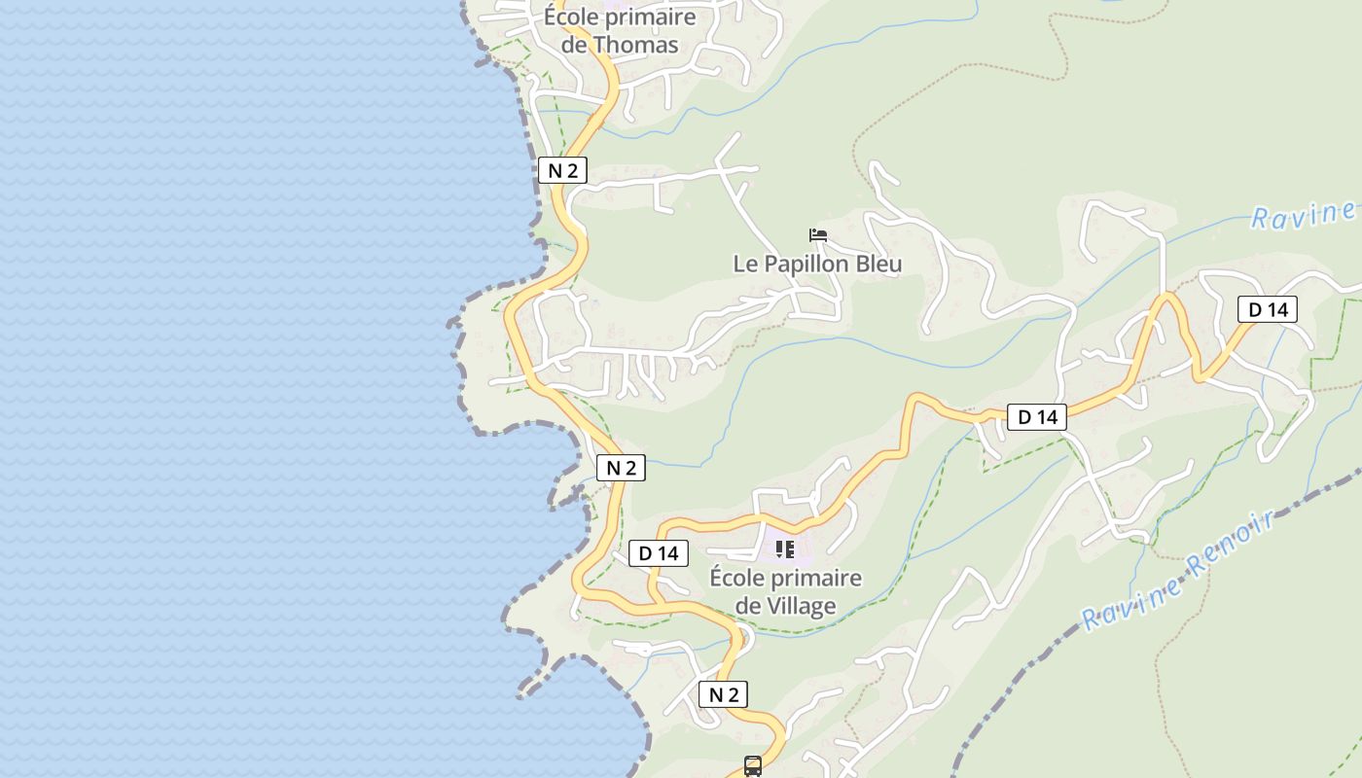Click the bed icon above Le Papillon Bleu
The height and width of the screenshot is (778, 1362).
(817, 235)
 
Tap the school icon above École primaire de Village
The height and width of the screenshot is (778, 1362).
(785, 549)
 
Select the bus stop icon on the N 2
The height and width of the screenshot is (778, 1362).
(753, 766)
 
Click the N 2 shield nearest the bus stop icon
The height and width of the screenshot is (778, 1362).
(723, 694)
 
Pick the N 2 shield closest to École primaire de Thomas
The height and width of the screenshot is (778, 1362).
(562, 171)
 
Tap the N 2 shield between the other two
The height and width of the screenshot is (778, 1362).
(621, 468)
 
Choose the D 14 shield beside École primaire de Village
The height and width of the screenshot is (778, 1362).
(659, 553)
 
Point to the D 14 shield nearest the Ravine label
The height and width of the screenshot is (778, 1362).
(1268, 310)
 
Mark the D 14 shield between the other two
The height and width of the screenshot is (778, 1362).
(1037, 417)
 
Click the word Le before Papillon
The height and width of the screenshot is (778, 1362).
(744, 264)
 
